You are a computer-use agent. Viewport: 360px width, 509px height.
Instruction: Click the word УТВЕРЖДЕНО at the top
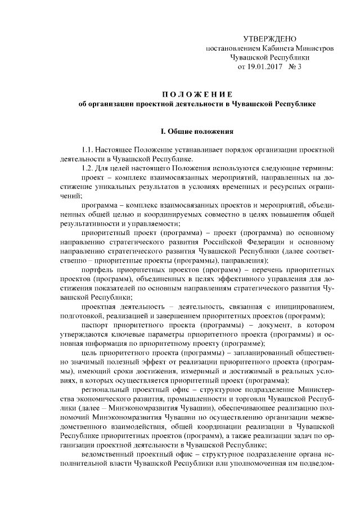[269, 38]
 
